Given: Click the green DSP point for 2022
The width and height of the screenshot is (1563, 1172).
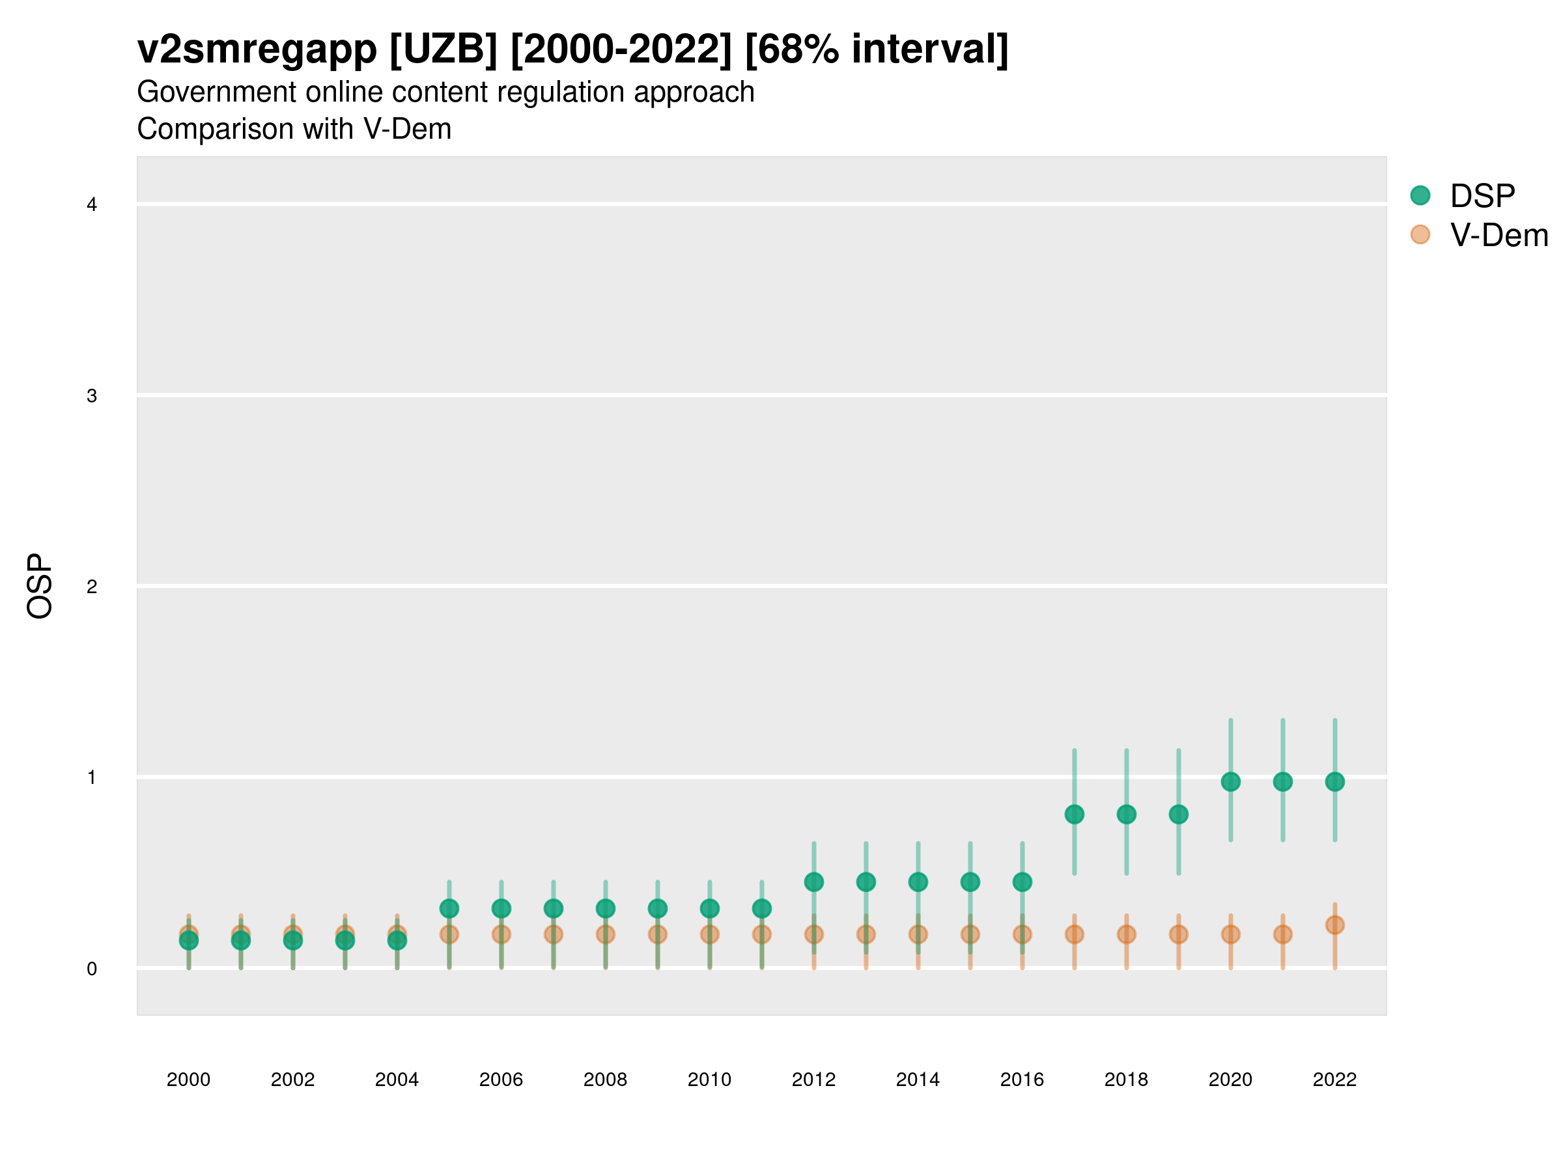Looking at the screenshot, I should point(1335,782).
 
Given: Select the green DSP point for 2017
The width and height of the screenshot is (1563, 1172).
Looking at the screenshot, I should point(1074,815).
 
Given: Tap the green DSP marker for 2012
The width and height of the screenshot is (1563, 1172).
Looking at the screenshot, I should point(814,882).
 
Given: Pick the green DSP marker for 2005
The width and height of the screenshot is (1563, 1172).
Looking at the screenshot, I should point(449,908).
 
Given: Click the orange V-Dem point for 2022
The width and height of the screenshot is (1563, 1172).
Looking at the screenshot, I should point(1335,925).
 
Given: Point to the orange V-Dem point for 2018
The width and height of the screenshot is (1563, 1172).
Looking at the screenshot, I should point(1126,934).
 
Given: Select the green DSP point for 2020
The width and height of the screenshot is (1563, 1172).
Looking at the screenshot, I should point(1230,782).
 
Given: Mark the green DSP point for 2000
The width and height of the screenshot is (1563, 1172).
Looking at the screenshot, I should point(189,940).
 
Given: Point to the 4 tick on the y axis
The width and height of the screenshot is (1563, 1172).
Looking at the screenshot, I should point(92,205).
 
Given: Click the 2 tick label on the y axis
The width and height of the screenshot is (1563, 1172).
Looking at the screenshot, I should point(92,587).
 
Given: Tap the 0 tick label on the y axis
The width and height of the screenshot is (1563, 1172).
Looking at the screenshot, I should point(92,969).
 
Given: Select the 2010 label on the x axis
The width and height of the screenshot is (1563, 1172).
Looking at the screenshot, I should point(709,1080).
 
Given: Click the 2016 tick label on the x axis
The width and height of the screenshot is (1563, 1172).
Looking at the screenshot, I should point(1022,1080).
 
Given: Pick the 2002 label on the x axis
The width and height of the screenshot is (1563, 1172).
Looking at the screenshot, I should point(292,1080).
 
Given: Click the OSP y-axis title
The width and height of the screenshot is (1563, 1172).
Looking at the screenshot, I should point(40,587).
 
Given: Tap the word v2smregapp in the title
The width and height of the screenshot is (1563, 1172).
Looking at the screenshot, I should point(257,49).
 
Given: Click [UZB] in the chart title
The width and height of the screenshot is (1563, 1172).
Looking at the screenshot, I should point(444,49).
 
